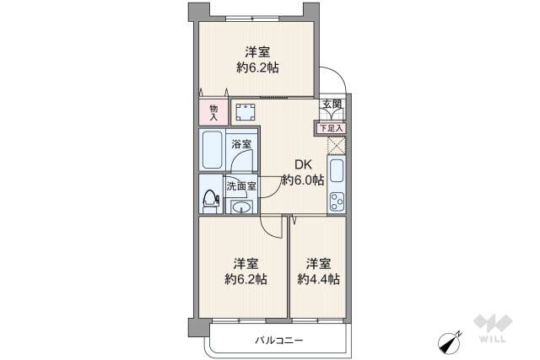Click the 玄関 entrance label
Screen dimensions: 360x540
(x=332, y=105)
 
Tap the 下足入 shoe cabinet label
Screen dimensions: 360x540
(x=332, y=127)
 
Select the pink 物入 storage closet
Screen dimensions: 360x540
(x=213, y=112)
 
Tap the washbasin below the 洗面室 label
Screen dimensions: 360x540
(x=243, y=207)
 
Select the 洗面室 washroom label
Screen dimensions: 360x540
(x=240, y=186)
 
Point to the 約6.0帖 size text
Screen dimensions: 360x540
(x=303, y=180)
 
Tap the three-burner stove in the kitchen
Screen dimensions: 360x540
(x=337, y=203)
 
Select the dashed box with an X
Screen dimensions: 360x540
(x=337, y=144)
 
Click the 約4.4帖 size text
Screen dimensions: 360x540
(x=318, y=279)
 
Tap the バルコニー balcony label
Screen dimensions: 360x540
(x=278, y=341)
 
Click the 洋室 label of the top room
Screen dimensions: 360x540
(x=256, y=51)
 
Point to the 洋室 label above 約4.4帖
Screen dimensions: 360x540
(x=318, y=262)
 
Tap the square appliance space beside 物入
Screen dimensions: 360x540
(x=246, y=112)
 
